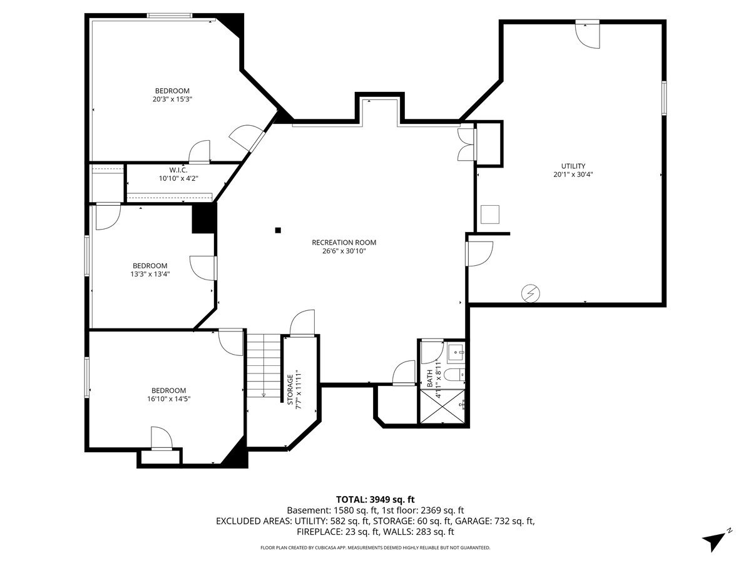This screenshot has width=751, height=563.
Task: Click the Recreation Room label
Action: [344, 242]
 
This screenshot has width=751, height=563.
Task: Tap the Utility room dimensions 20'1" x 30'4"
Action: [573, 175]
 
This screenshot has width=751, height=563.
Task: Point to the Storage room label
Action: [290, 390]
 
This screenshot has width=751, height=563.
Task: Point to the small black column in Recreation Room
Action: [278, 230]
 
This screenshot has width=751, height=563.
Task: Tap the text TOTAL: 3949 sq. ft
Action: [375, 499]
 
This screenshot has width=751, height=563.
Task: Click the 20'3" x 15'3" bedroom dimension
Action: [172, 99]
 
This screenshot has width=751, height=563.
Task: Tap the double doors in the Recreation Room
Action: [466, 144]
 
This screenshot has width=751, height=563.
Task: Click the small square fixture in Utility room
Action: [490, 215]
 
